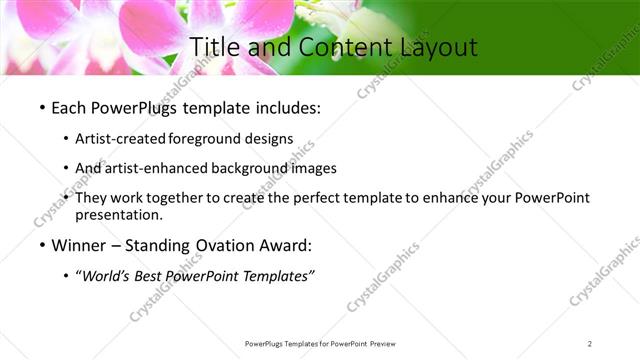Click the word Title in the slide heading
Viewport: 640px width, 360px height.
(213, 47)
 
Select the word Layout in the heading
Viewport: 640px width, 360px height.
(436, 47)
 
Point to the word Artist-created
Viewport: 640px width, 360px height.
(121, 138)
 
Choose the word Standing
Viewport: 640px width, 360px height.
(159, 245)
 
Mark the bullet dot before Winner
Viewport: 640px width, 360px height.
(41, 245)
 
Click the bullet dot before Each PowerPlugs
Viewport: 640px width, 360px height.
(41, 106)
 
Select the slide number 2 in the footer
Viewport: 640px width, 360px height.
(590, 343)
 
